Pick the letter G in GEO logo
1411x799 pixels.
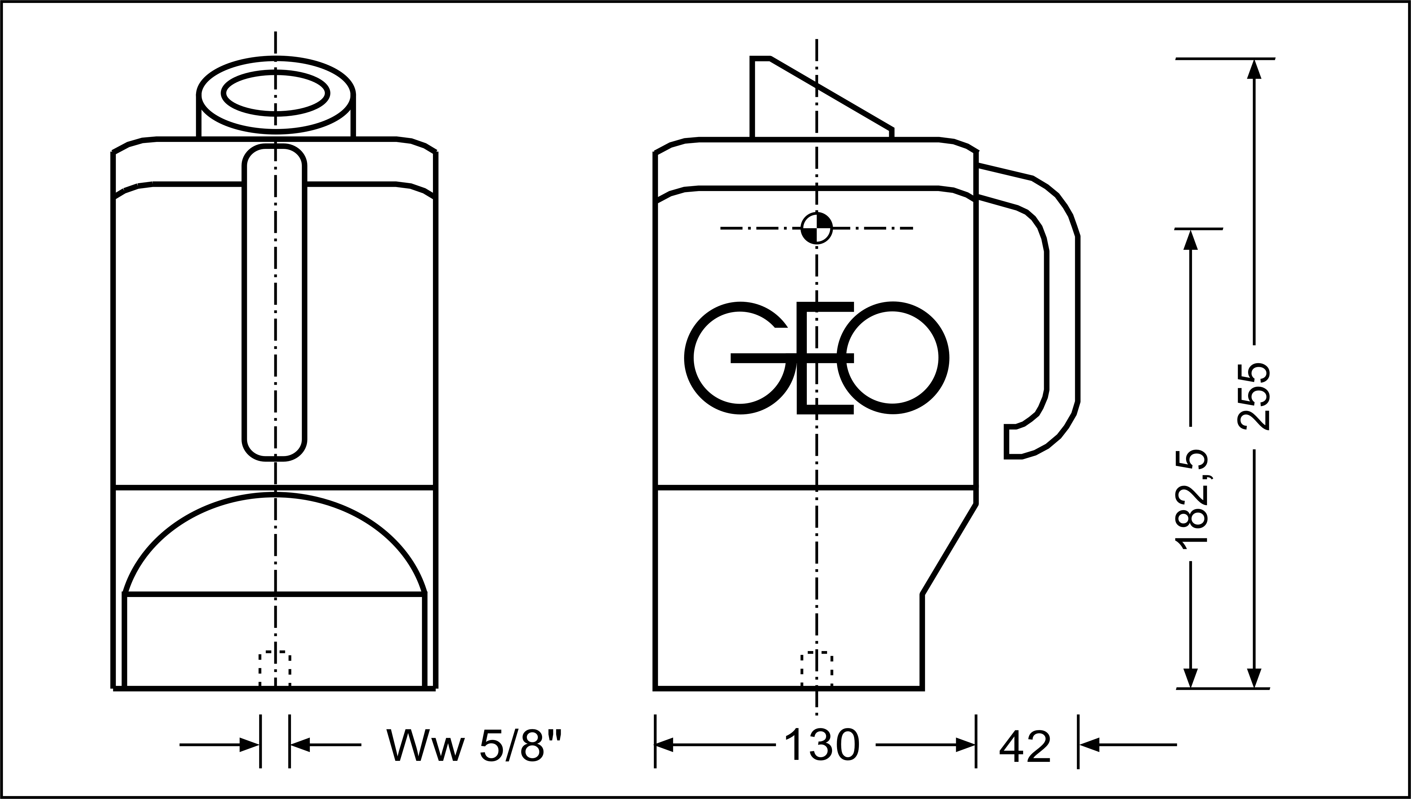738,358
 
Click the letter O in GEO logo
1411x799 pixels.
893,358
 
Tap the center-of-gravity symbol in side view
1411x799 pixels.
816,228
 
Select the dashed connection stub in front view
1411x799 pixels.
274,670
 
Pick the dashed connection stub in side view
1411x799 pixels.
816,670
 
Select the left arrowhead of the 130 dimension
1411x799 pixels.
665,745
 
